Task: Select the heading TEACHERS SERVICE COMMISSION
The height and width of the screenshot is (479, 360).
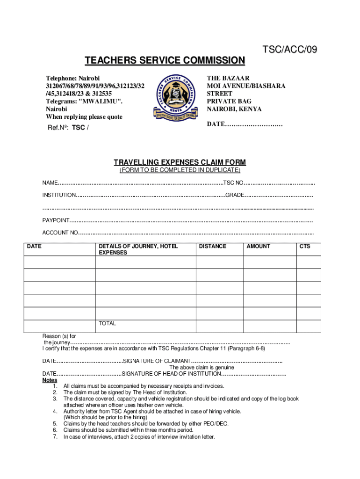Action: point(165,60)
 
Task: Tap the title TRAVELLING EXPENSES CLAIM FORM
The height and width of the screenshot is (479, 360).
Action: point(180,162)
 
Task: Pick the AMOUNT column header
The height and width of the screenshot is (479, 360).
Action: point(258,246)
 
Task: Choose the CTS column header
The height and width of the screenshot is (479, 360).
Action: point(305,246)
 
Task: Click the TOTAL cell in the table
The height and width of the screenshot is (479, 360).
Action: point(107,323)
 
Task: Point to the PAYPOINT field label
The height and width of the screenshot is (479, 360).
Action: point(56,220)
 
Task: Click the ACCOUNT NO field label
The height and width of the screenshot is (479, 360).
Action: point(60,233)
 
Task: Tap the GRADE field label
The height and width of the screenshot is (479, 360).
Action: point(235,195)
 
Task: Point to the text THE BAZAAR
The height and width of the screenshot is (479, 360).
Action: point(228,78)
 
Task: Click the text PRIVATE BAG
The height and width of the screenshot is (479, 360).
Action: point(229,101)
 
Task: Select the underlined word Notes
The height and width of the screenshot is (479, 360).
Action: point(50,380)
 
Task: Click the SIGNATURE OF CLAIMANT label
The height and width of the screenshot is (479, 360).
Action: point(157,361)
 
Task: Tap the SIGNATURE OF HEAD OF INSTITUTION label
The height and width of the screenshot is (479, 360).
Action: point(171,374)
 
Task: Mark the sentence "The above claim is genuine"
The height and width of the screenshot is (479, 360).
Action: point(202,368)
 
